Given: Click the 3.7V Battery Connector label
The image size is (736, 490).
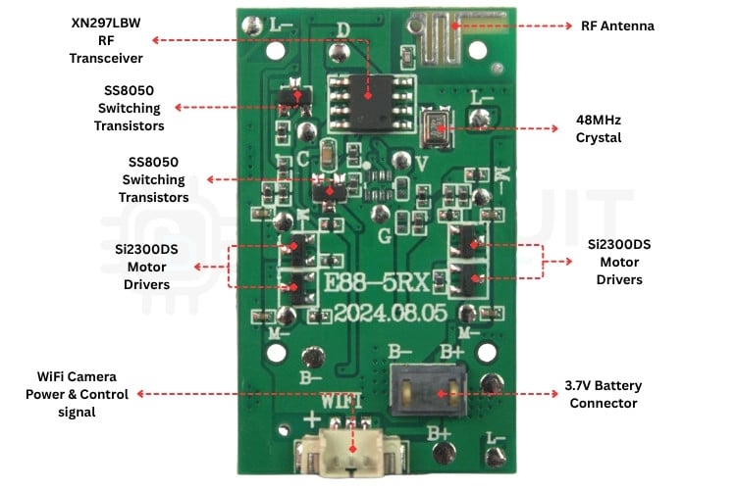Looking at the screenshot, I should [603, 394].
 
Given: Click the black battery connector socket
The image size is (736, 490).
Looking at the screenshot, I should [429, 390].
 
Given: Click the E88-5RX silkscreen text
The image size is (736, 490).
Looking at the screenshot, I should [378, 283].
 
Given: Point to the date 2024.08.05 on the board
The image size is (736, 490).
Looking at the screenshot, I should [383, 315].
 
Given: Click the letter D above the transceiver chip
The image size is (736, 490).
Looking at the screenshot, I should [342, 28].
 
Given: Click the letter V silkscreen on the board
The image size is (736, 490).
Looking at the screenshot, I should [422, 163].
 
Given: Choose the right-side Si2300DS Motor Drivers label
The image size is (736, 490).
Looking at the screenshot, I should [618, 262].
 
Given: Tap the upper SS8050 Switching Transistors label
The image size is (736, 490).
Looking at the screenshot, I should [129, 108].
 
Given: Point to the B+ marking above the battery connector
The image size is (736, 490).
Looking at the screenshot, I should [452, 350].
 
